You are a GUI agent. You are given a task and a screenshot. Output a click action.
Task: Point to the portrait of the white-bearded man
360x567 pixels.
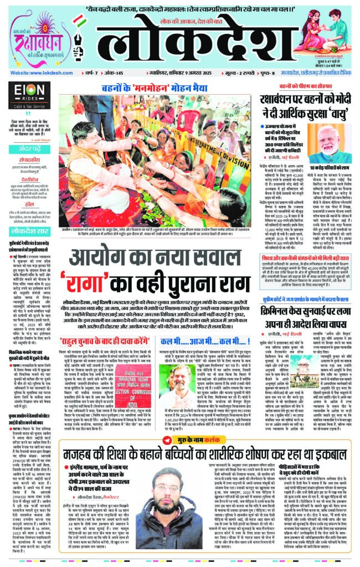(336, 139)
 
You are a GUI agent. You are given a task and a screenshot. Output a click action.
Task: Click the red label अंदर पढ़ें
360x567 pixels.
(25, 148)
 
